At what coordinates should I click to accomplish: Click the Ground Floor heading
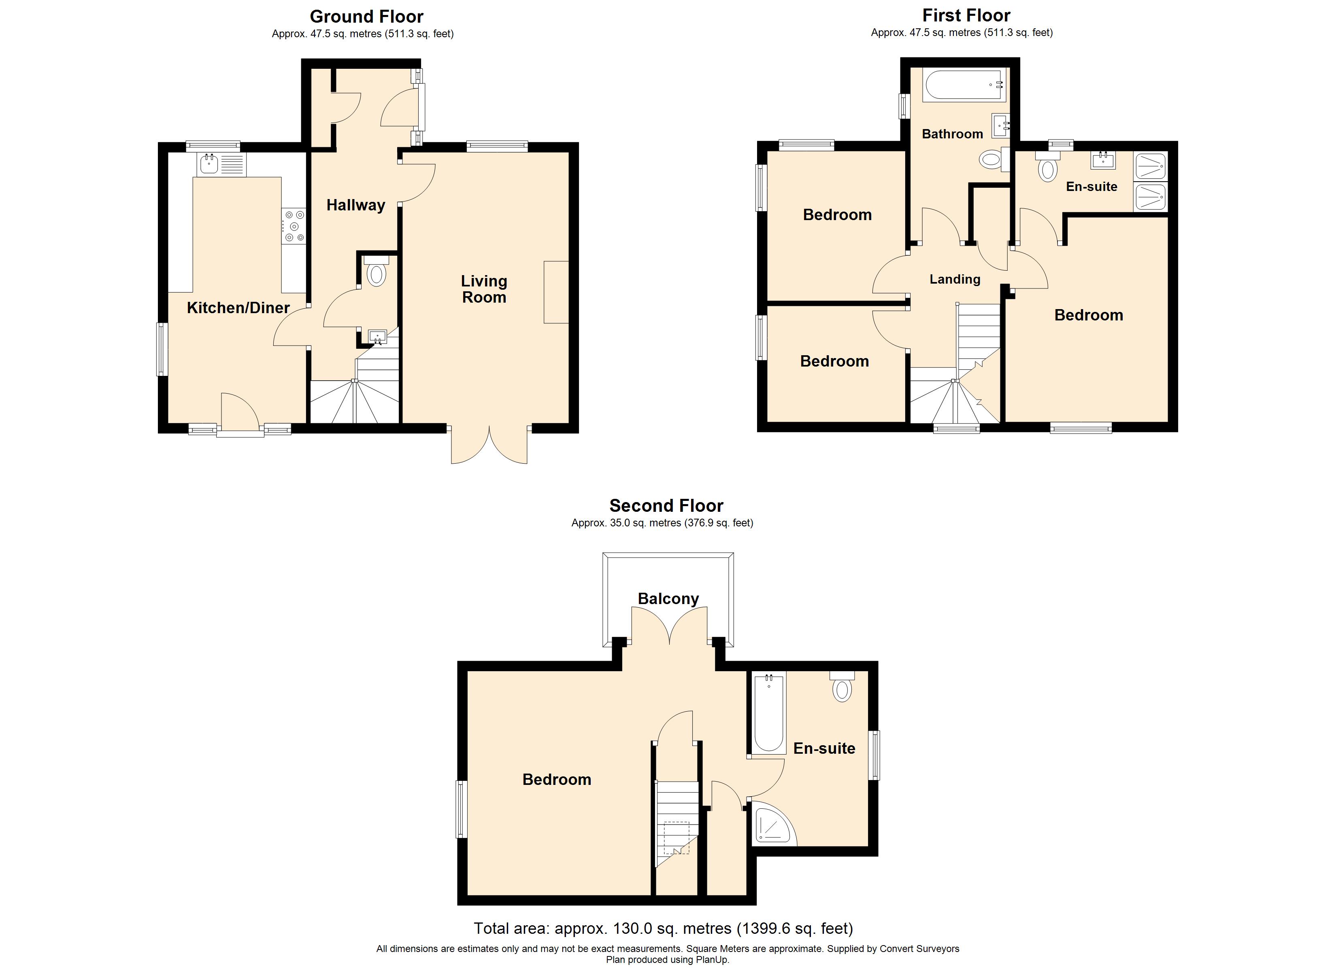(x=366, y=17)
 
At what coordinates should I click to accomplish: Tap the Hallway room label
(x=356, y=205)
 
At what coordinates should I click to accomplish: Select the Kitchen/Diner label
(x=238, y=307)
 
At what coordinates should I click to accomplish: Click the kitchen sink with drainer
(x=222, y=164)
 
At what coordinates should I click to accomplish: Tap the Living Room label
(x=484, y=289)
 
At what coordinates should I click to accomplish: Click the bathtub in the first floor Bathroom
(x=964, y=85)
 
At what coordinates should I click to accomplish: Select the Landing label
(x=955, y=279)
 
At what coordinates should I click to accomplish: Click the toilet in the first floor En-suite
(x=1047, y=166)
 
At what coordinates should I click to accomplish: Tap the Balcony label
(x=668, y=599)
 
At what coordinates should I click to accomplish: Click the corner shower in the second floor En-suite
(x=773, y=825)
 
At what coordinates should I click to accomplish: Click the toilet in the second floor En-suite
(x=842, y=686)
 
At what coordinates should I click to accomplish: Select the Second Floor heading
(x=666, y=506)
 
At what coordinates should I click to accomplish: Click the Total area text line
(x=663, y=929)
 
